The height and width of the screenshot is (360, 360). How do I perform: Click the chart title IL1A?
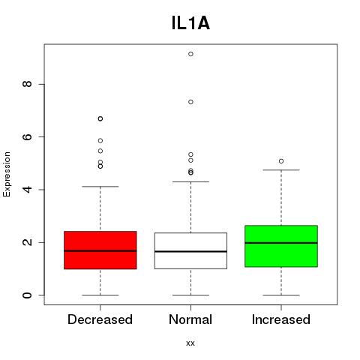click(x=190, y=23)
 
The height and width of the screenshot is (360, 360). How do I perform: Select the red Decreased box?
click(x=100, y=250)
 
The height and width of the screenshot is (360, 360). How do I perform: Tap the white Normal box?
click(x=190, y=250)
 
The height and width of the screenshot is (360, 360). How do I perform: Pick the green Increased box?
click(x=281, y=246)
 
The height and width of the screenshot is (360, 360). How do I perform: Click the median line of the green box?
click(x=281, y=243)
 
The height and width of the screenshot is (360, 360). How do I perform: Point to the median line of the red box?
click(x=100, y=250)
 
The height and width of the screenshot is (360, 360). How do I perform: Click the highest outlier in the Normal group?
click(x=190, y=54)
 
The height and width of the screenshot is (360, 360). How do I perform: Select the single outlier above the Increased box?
click(x=281, y=161)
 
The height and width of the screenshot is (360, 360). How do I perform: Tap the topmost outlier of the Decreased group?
click(x=100, y=118)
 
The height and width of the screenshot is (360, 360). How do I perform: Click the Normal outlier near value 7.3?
click(x=190, y=102)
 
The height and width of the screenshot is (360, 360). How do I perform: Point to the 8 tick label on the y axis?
click(x=27, y=84)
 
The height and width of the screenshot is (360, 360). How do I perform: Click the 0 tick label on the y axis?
click(x=27, y=295)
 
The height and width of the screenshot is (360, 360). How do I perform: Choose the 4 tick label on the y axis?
click(x=27, y=190)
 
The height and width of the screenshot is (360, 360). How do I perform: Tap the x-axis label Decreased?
click(x=100, y=319)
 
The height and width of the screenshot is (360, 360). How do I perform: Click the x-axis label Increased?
click(x=281, y=319)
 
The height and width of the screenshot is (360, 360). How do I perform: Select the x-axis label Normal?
click(x=190, y=319)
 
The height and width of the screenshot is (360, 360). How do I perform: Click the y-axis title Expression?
click(x=7, y=174)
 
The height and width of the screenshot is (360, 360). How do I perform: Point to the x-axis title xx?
click(x=190, y=343)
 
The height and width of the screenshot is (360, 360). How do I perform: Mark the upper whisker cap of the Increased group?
click(x=281, y=170)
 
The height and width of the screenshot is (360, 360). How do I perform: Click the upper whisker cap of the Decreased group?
click(x=100, y=187)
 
